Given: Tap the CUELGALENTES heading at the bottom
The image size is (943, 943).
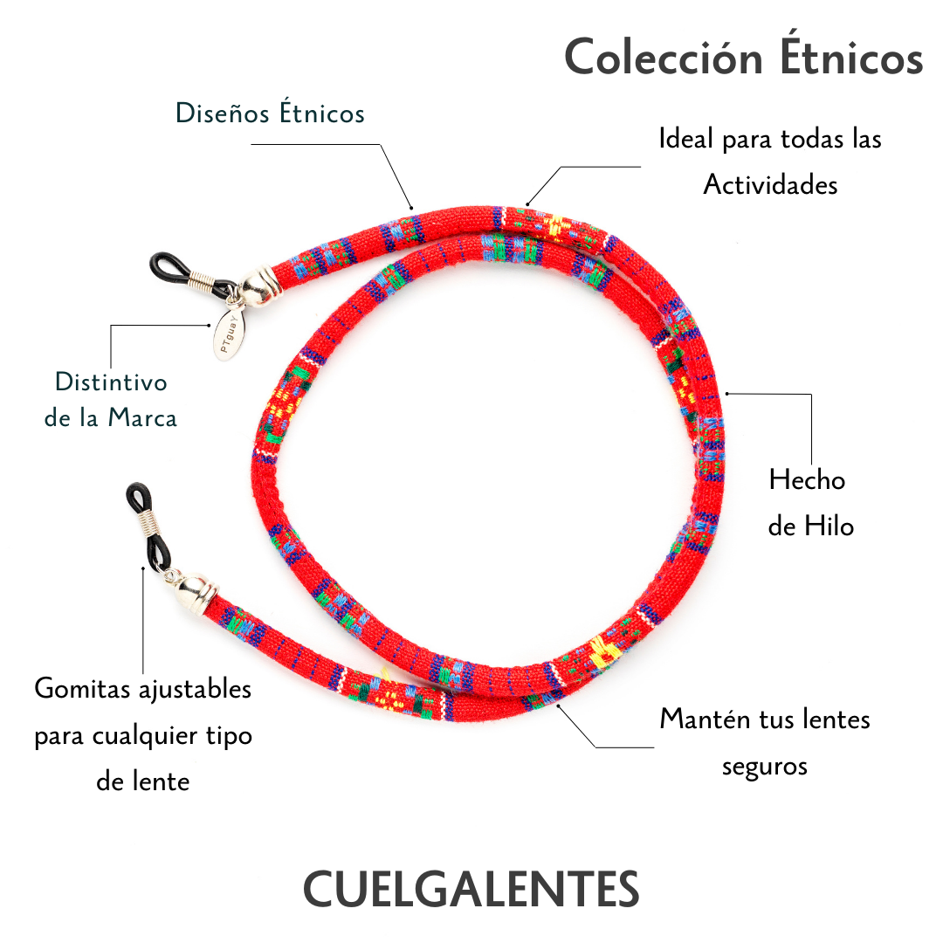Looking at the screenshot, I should [x=471, y=888].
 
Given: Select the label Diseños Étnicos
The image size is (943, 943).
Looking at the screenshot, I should [x=270, y=114].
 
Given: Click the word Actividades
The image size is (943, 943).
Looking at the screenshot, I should [x=770, y=184].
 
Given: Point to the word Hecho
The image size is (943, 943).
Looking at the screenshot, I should [x=807, y=479].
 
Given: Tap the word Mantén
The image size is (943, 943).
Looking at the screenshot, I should [x=700, y=719].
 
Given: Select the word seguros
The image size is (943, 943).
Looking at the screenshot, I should [x=765, y=766].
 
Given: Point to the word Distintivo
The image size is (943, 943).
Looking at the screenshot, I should [x=110, y=382].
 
